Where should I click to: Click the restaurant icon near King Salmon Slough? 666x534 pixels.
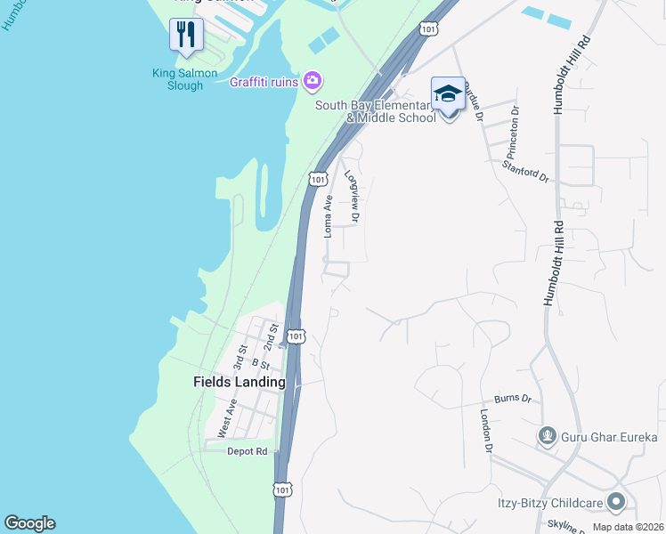pyautogui.click(x=186, y=36)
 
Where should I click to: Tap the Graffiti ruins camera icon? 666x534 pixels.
pyautogui.click(x=312, y=82)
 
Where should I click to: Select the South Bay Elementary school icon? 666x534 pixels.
pyautogui.click(x=447, y=94)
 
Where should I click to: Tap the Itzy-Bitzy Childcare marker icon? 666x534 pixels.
pyautogui.click(x=614, y=504)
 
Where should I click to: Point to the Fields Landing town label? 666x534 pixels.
pyautogui.click(x=240, y=382)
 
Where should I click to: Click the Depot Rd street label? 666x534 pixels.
pyautogui.click(x=247, y=451)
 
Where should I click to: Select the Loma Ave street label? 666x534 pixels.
pyautogui.click(x=328, y=215)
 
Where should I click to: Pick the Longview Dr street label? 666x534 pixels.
pyautogui.click(x=353, y=197)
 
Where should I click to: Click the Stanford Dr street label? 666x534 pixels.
pyautogui.click(x=525, y=171)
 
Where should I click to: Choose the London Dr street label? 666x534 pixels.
pyautogui.click(x=487, y=432)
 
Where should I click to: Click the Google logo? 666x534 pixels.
pyautogui.click(x=29, y=523)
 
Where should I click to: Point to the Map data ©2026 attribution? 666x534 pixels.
pyautogui.click(x=628, y=527)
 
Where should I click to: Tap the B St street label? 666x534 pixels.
pyautogui.click(x=261, y=363)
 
